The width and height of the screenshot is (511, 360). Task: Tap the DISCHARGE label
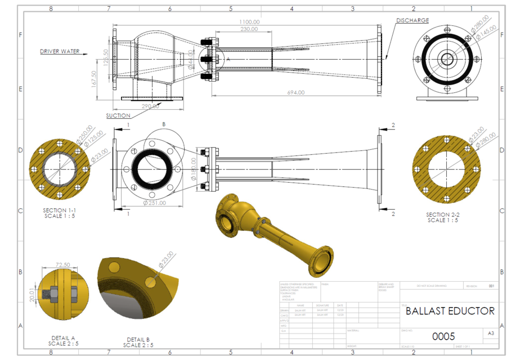(x=412, y=20)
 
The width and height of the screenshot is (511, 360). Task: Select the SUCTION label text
(x=118, y=116)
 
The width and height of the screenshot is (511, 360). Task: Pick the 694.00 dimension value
(x=295, y=92)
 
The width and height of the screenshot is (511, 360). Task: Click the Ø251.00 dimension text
(x=154, y=202)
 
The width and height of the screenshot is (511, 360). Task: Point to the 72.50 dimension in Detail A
(x=63, y=264)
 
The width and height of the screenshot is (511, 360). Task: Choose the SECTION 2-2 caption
(x=442, y=217)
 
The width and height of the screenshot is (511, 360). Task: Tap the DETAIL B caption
(x=138, y=342)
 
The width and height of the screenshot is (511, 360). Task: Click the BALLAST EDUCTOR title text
(x=450, y=310)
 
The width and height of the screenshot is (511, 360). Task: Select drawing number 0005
(x=443, y=336)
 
